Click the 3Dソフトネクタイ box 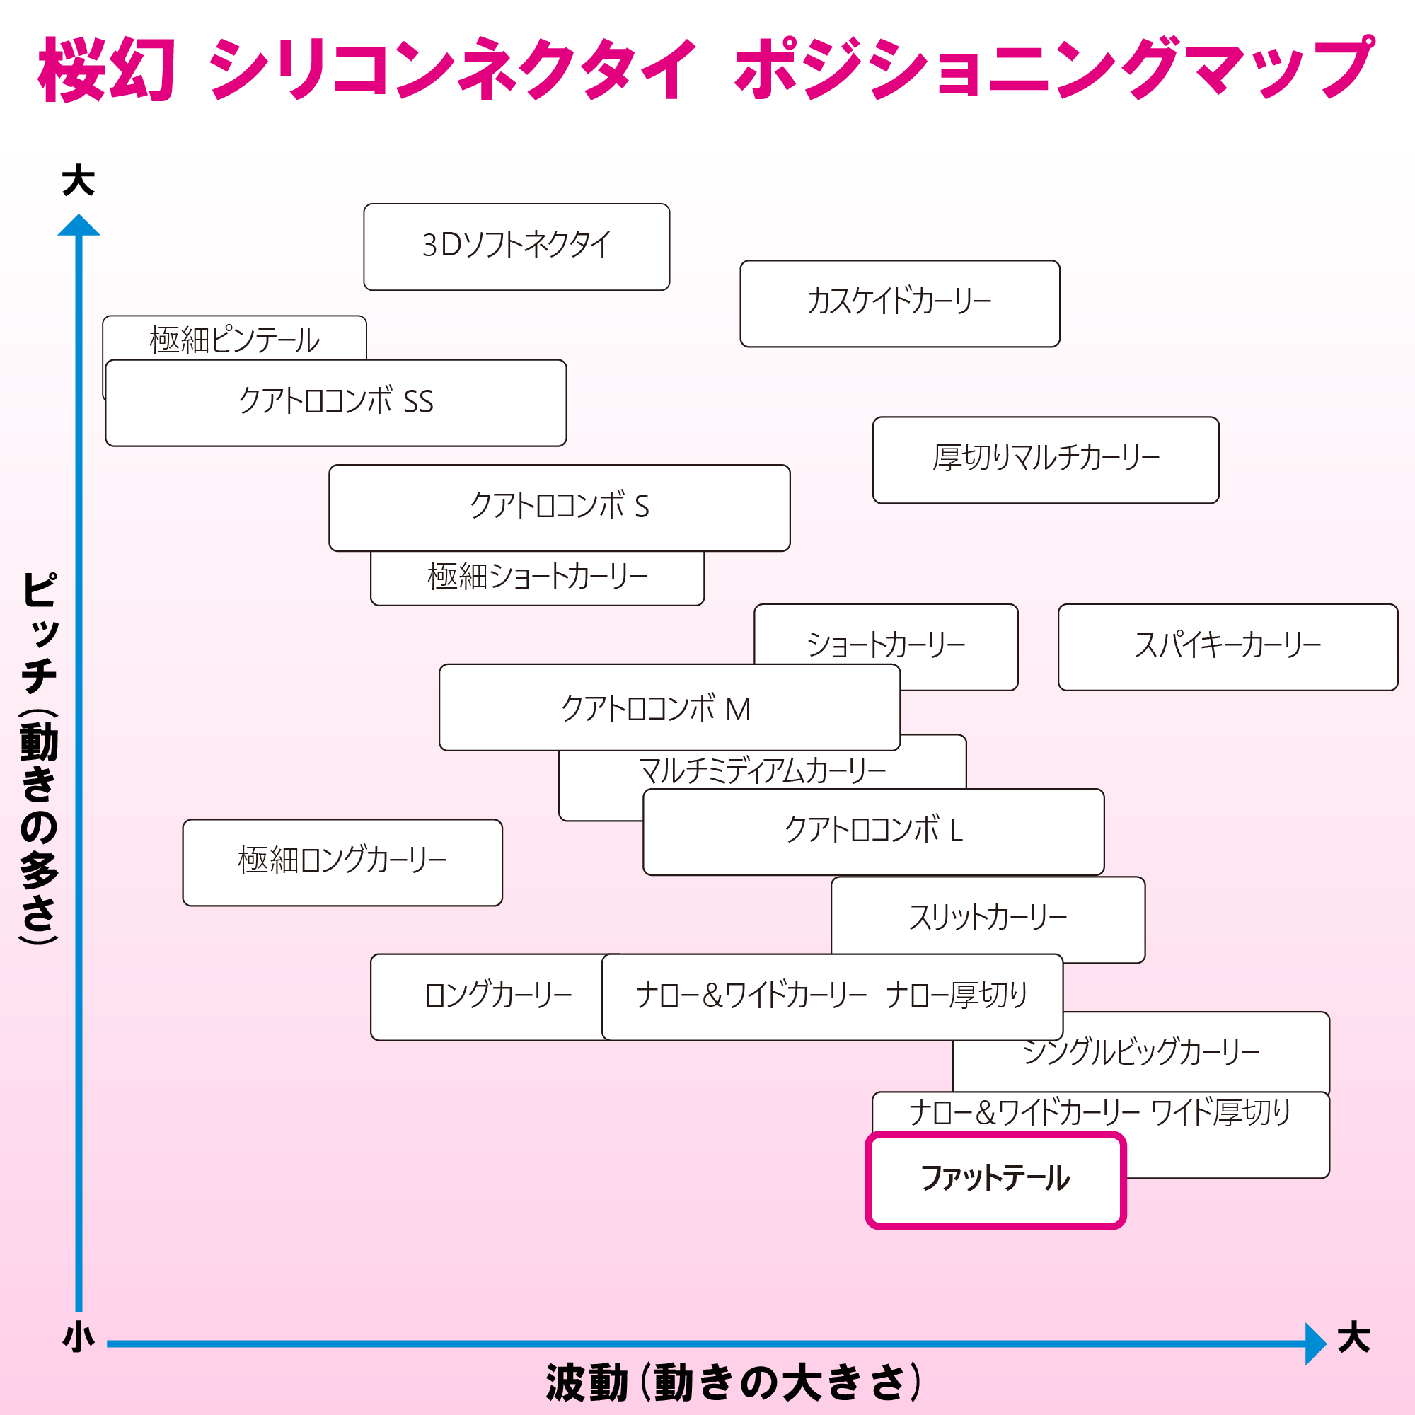point(516,247)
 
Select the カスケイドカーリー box point(899,304)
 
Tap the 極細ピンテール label point(234,340)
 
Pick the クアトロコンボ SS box point(335,403)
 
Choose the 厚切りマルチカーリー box point(1046,460)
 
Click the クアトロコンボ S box point(560,507)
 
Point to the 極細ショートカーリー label point(538,577)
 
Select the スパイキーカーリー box point(1228,647)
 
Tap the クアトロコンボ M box point(669,707)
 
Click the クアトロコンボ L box point(873,832)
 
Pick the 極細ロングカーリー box point(342,862)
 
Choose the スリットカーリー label point(987,917)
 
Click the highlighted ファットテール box point(995,1179)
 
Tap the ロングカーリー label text point(498,995)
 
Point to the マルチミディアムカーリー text point(763,770)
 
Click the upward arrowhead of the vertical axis point(79,225)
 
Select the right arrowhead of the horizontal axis point(1316,1344)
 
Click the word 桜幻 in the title point(107,69)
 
